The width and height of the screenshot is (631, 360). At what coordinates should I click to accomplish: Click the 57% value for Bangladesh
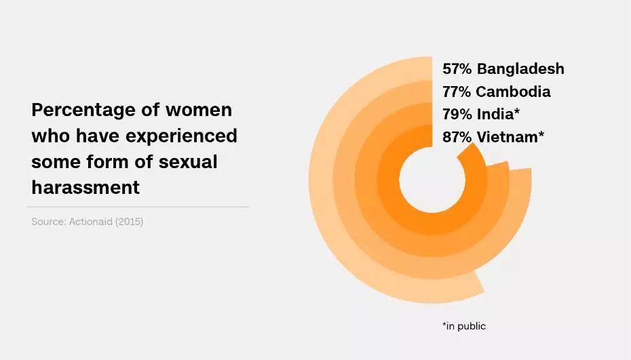[457, 68]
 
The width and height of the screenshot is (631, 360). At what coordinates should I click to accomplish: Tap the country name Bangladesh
[520, 68]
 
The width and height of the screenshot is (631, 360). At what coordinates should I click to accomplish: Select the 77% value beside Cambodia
[457, 92]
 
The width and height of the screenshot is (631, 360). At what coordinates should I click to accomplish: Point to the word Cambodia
[513, 92]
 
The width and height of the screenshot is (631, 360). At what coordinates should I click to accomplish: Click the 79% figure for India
[457, 114]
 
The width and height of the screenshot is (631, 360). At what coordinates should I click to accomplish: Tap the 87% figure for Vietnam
[457, 136]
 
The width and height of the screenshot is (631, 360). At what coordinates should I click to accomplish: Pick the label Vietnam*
[510, 136]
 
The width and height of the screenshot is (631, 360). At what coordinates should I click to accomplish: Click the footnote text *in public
[464, 326]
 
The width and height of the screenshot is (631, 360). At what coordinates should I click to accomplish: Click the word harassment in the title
[85, 187]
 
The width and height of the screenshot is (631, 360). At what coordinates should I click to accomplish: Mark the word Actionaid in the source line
[92, 222]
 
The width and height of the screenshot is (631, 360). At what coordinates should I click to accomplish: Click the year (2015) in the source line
[130, 222]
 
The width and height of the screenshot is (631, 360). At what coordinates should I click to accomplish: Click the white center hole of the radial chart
[432, 180]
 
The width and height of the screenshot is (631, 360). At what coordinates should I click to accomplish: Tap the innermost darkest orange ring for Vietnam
[389, 180]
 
